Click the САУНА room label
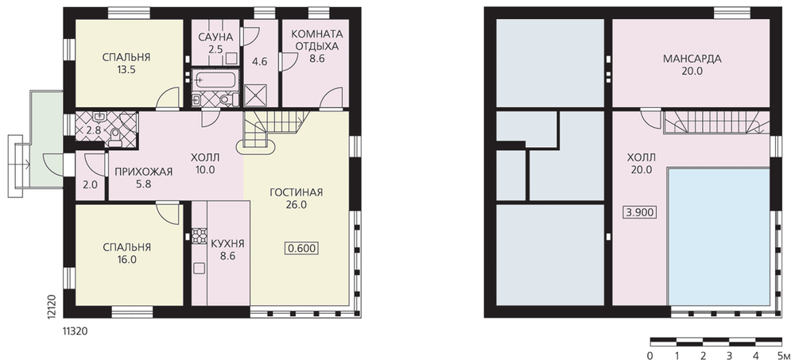tap(215, 37)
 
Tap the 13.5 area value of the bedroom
tap(126, 69)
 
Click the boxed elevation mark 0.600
tap(302, 249)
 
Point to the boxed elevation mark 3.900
tap(640, 212)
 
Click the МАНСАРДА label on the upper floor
tap(692, 59)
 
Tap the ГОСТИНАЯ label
tap(296, 192)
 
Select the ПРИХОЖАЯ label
tap(144, 172)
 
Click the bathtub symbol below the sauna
tap(215, 80)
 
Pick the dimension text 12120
tap(51, 304)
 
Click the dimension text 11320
tap(76, 331)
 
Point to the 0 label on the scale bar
tap(650, 354)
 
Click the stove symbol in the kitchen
tap(200, 236)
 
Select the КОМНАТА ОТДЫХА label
tap(316, 40)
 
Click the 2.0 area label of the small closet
tap(90, 184)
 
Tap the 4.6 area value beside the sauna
tap(260, 62)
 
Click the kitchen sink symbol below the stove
tap(200, 269)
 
